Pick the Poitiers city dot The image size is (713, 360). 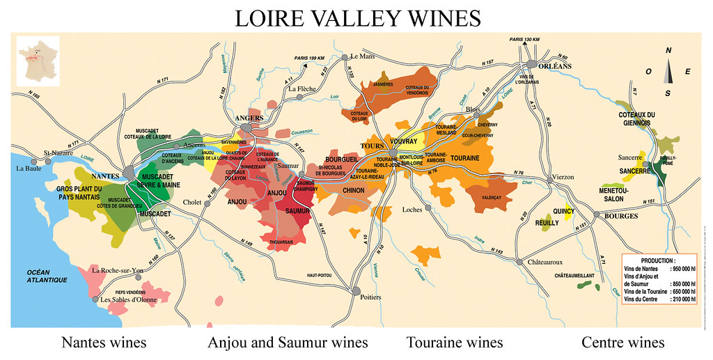coord(356,290)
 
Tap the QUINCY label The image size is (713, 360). coord(563,210)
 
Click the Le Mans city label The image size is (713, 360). coord(363,56)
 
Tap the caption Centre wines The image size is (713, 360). coord(622,343)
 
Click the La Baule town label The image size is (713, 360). coord(30,168)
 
